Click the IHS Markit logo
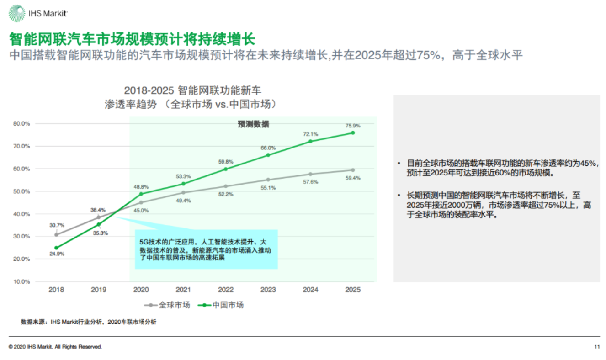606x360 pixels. tap(38, 14)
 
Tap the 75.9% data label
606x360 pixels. tap(353, 126)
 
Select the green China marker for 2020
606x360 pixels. tap(141, 194)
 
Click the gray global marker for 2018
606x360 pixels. tap(56, 235)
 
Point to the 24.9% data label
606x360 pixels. tap(57, 254)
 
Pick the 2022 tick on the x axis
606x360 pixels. tap(226, 290)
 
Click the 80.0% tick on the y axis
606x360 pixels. tap(21, 123)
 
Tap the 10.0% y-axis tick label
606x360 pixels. tap(21, 281)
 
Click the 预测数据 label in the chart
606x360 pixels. tap(253, 124)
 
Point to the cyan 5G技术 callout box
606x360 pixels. tap(207, 249)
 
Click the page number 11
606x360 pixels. tap(597, 347)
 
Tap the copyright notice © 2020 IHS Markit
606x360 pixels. tap(55, 347)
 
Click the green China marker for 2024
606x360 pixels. tap(310, 141)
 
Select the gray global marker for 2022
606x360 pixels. tap(226, 186)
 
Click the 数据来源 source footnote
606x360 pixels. tap(88, 322)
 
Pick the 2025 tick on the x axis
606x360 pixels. tap(353, 290)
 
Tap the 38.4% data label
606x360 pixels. tap(98, 210)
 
